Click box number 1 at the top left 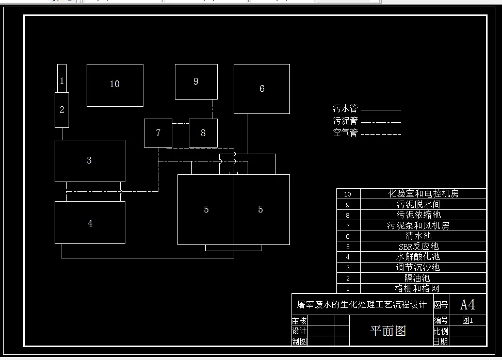coord(62,80)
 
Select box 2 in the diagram coord(62,109)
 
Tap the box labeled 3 coord(90,160)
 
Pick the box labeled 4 coord(90,223)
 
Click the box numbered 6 coord(262,89)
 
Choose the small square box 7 coord(158,133)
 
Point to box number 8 coord(203,133)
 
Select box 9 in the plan coord(196,81)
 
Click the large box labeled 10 coord(115,85)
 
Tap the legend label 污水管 coord(345,109)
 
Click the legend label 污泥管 coord(345,121)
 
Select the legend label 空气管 coord(345,133)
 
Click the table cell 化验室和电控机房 coord(423,194)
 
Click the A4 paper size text coord(467,304)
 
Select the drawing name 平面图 coord(388,331)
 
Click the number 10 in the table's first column coord(348,194)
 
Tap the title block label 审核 coord(299,321)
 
